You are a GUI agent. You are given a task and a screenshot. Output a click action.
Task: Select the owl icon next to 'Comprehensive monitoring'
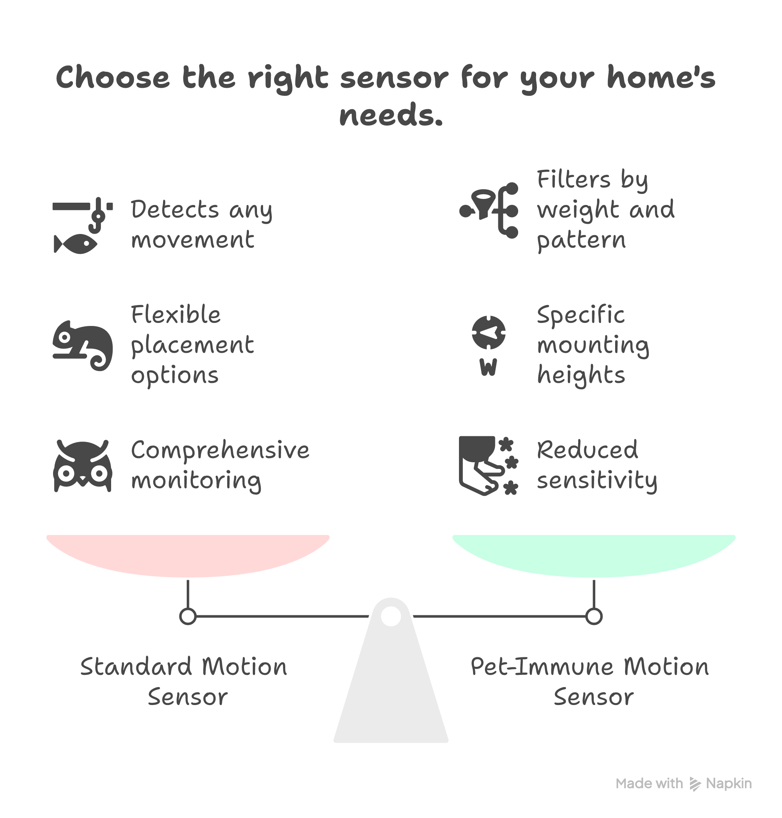pos(83,466)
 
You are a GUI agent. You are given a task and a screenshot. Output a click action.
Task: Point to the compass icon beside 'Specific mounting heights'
pos(488,332)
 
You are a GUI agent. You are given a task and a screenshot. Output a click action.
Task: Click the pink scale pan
pos(188,554)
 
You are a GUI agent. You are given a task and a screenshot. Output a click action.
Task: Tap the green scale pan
pos(594,554)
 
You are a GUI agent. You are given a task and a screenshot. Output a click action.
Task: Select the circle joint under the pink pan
pos(188,616)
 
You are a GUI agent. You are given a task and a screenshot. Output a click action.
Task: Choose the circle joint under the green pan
pos(594,616)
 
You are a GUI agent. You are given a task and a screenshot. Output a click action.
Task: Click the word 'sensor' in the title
pos(394,78)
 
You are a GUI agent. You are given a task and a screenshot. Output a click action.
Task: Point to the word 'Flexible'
pos(176,315)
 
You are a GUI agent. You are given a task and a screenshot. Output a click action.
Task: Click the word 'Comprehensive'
pos(220,450)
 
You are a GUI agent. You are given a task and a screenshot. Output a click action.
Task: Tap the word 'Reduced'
pos(587,450)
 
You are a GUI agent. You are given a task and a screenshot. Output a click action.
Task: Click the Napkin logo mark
pos(695,784)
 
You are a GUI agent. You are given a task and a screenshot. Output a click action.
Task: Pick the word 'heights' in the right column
pos(581,375)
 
